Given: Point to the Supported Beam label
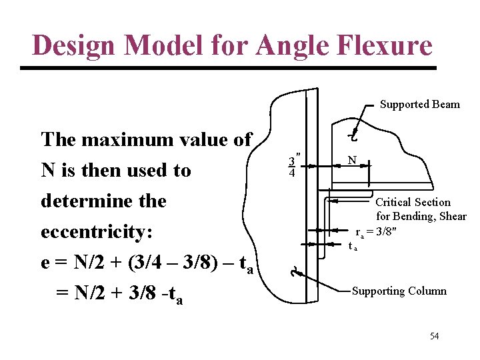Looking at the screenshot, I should pos(419,104).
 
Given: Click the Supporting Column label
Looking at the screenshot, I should pos(399,291).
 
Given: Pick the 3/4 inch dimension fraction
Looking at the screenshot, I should pos(292,167).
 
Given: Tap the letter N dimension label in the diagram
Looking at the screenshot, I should pos(351,160).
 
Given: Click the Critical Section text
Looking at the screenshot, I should pos(413,202).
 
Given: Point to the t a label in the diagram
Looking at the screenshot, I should pos(353,246).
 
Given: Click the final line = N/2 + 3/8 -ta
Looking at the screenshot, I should pos(120,293).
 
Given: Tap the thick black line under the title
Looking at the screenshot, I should pos(229,68).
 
